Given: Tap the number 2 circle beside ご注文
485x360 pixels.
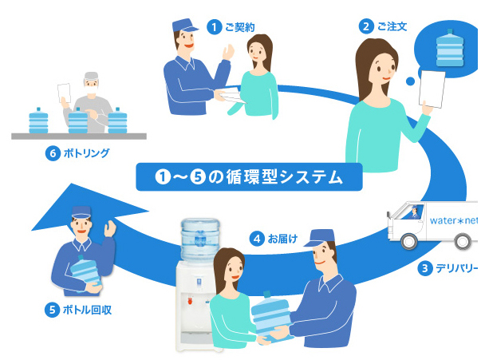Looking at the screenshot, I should [x=366, y=26].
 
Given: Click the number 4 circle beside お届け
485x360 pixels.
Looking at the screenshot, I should [x=257, y=238].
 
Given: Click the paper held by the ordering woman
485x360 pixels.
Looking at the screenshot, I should [x=433, y=89].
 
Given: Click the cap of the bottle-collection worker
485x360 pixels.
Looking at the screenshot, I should [x=84, y=213].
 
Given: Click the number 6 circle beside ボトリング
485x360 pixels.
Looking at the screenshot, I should [x=53, y=153].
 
